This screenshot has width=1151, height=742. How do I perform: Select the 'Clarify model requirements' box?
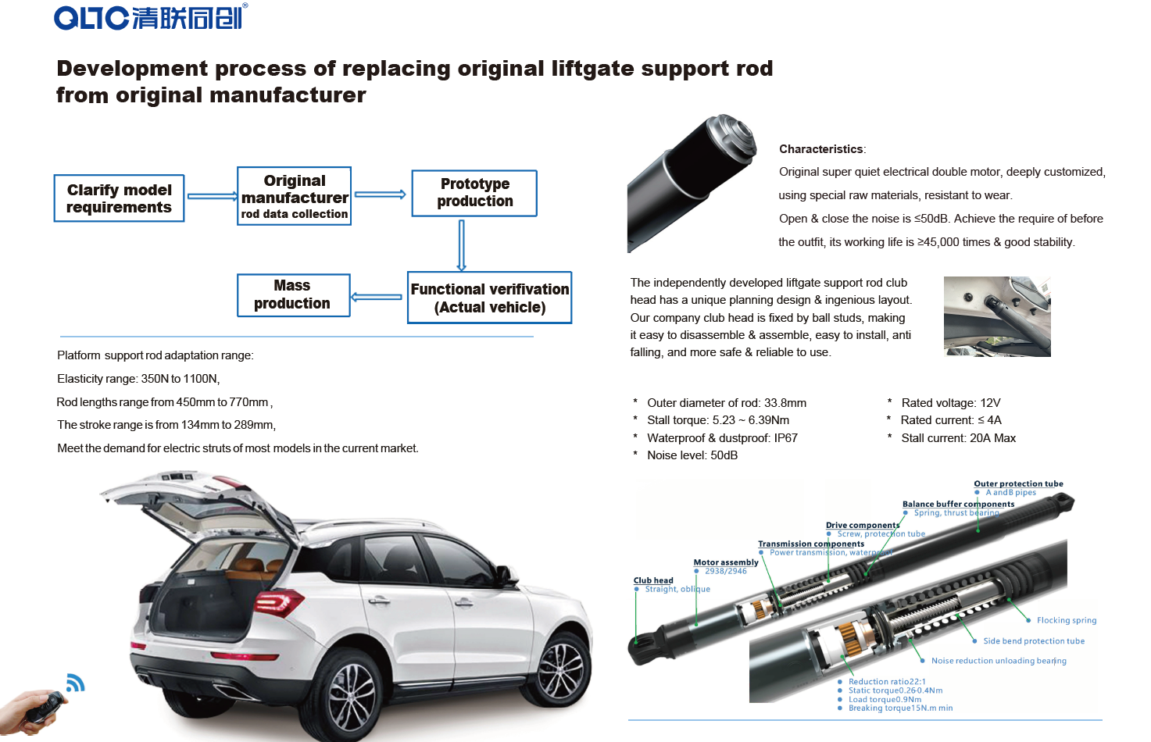[119, 198]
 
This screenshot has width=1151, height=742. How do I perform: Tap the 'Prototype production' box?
[474, 193]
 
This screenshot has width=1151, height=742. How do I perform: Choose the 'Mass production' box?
[293, 295]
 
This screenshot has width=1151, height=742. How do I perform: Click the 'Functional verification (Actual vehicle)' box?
[490, 298]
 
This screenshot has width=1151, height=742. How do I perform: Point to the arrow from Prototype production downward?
[461, 244]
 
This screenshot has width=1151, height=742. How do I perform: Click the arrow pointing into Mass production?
[377, 297]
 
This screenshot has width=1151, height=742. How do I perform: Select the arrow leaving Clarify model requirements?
[212, 196]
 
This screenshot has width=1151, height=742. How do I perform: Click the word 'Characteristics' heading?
[821, 149]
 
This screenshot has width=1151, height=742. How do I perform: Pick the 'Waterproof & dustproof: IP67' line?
[722, 438]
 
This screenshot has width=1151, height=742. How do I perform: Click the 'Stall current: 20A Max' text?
[958, 438]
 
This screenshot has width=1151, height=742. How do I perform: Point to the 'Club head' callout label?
[653, 580]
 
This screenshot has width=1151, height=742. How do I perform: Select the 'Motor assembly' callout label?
[726, 562]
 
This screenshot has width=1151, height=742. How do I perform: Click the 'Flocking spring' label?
[1067, 620]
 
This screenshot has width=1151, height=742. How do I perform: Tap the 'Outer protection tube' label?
[1018, 483]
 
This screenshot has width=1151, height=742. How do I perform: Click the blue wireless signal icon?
[75, 683]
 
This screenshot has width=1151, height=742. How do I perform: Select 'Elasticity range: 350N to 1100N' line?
[138, 379]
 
